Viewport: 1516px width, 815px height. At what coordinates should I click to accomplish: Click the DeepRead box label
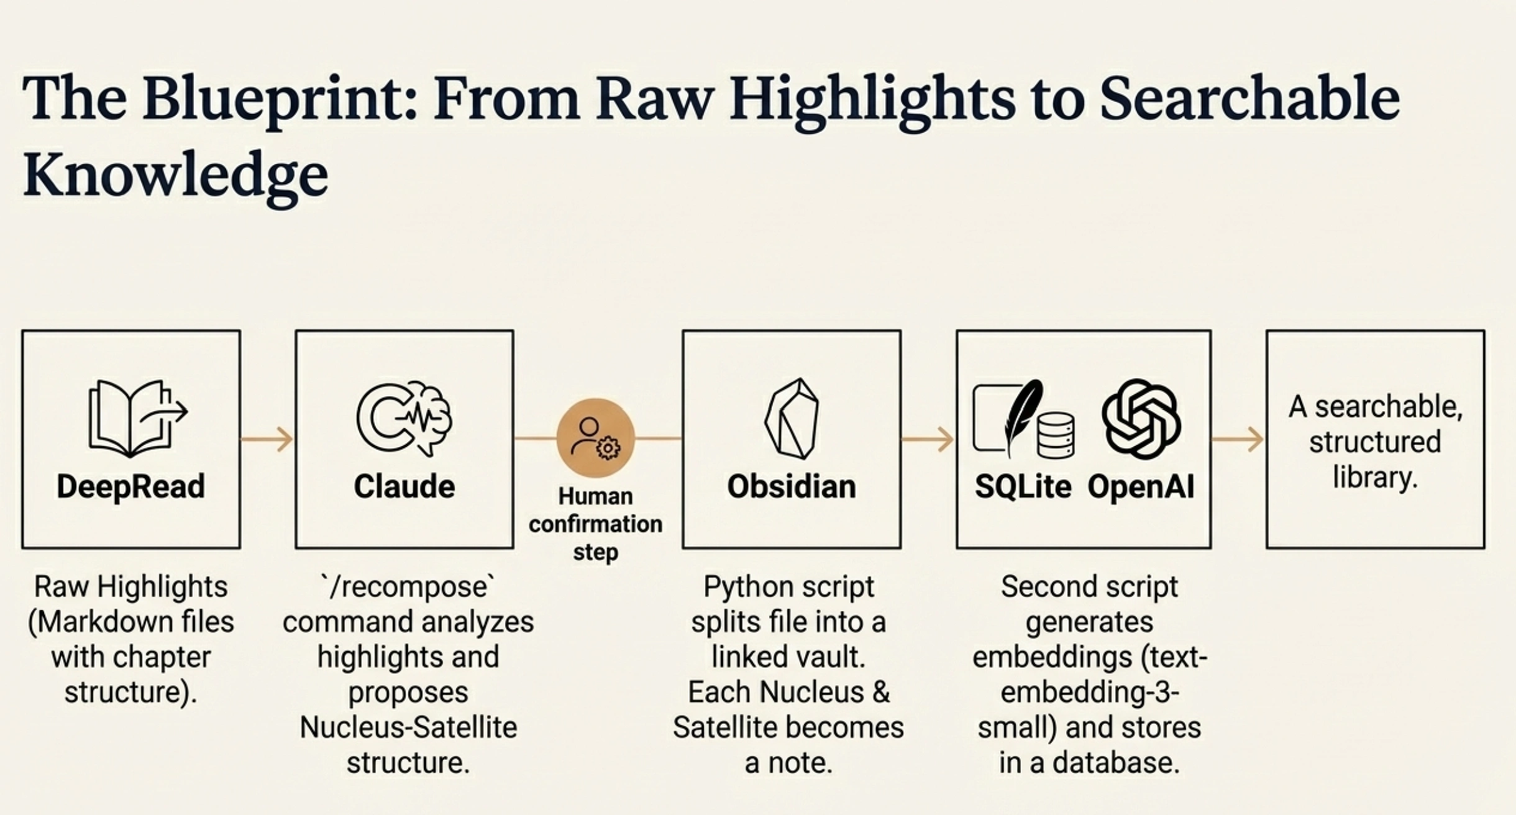pyautogui.click(x=130, y=486)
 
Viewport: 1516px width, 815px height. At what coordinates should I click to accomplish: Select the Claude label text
pyautogui.click(x=404, y=486)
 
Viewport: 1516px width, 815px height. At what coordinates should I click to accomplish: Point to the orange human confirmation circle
pyautogui.click(x=595, y=438)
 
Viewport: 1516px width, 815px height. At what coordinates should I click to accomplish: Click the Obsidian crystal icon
pyautogui.click(x=792, y=418)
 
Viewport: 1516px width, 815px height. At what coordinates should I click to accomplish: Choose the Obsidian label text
pyautogui.click(x=792, y=486)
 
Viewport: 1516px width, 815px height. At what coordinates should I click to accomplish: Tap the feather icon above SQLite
pyautogui.click(x=1021, y=417)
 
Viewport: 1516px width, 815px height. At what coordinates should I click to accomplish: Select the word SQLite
pyautogui.click(x=1023, y=486)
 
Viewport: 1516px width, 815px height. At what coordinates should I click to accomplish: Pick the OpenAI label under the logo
pyautogui.click(x=1141, y=486)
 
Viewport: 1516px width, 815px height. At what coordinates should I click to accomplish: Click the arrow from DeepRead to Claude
pyautogui.click(x=267, y=439)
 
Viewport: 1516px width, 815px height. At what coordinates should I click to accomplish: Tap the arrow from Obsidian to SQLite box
pyautogui.click(x=928, y=439)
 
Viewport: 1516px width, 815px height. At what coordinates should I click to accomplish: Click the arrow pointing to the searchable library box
pyautogui.click(x=1238, y=439)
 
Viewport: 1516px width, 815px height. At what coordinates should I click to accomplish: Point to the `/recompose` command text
pyautogui.click(x=408, y=587)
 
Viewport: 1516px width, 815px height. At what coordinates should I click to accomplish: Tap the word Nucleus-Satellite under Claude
pyautogui.click(x=408, y=727)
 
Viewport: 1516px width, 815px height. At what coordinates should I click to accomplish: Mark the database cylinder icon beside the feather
pyautogui.click(x=1056, y=435)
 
